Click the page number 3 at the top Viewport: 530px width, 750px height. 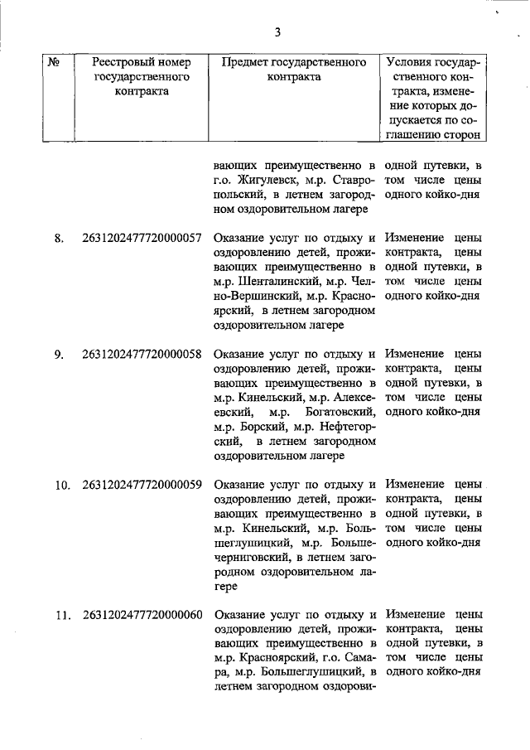(x=278, y=32)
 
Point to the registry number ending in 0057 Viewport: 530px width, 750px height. (x=142, y=238)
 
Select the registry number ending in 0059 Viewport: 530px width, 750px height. (x=142, y=485)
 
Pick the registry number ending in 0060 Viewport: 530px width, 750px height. (x=142, y=615)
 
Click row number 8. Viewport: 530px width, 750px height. (x=59, y=238)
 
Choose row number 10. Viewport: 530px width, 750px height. (x=61, y=485)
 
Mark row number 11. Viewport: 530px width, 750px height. (x=61, y=615)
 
